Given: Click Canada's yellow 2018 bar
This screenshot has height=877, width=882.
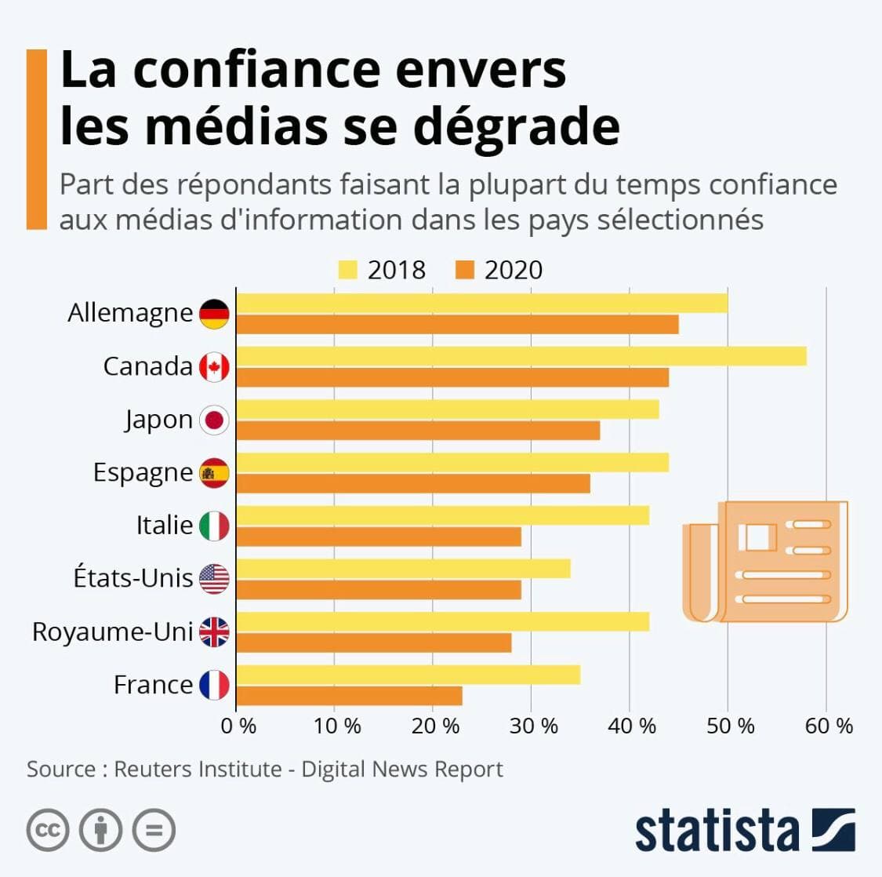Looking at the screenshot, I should [521, 356].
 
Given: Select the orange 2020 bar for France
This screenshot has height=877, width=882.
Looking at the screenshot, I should [349, 696].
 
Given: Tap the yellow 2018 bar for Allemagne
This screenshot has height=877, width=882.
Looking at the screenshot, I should [482, 303].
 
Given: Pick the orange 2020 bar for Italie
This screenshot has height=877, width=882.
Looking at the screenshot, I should [379, 537].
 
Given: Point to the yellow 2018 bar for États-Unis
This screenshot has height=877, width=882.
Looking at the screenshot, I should [403, 568].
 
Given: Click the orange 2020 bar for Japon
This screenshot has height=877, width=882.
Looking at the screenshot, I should [418, 431].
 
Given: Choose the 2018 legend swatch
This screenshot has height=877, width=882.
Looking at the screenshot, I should [347, 270].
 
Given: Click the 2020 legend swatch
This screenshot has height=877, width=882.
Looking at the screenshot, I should [465, 270].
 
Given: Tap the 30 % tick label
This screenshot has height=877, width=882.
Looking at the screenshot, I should [533, 726].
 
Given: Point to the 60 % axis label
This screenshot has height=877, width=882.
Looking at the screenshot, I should [829, 726].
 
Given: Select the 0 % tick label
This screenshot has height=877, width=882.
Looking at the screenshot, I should [238, 726].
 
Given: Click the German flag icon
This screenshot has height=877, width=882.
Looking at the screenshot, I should [214, 314].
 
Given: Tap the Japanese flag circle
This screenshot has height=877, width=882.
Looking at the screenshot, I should [214, 420].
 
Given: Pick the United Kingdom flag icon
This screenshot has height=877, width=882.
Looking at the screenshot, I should [214, 631].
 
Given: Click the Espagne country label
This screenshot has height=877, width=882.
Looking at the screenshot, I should [143, 472].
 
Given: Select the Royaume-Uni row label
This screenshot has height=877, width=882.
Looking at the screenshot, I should [112, 631].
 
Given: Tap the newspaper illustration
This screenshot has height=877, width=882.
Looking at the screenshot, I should [765, 561].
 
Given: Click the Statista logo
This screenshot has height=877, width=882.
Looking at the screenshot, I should [744, 831].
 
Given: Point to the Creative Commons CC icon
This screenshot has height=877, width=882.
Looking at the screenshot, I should [48, 830].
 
